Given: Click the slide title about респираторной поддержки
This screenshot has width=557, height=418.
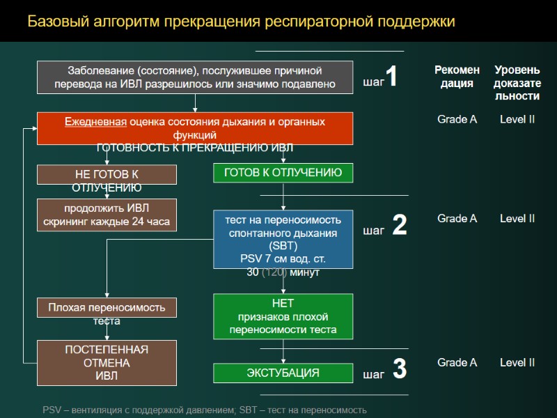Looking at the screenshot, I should pos(241,22).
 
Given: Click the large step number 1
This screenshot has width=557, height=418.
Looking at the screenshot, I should pos(392,77).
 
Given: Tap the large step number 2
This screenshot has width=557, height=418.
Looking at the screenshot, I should pos(399,225).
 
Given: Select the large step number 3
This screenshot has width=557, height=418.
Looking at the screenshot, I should pos(399,369).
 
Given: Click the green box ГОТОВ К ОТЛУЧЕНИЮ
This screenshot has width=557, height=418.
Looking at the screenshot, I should pos(283,173).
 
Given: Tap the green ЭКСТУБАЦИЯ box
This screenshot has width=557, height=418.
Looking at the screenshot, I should pos(283,373).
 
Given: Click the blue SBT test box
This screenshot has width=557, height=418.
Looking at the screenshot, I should pos(283,239).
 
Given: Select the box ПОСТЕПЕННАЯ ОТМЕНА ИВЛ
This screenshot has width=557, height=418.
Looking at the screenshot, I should pos(107,362).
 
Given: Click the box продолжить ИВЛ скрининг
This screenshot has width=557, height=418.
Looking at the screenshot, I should pos(107,215).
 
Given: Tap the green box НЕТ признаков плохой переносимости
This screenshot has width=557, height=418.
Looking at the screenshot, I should pos(283,316).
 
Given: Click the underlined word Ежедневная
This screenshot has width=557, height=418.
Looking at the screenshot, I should pos(95,122).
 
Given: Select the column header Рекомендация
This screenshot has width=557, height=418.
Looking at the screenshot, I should pos(457,77).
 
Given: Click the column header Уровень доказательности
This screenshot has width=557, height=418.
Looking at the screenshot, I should pos(517,82).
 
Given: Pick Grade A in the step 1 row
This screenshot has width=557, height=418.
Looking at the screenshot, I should pos(457,119).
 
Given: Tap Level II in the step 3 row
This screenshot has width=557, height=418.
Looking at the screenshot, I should pos(517,362).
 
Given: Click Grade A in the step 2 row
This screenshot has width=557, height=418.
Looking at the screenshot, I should pos(457,219).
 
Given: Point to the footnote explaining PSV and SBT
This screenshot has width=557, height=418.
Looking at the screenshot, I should pos(204,410).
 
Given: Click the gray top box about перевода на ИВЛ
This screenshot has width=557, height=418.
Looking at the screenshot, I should pos(195,77).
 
